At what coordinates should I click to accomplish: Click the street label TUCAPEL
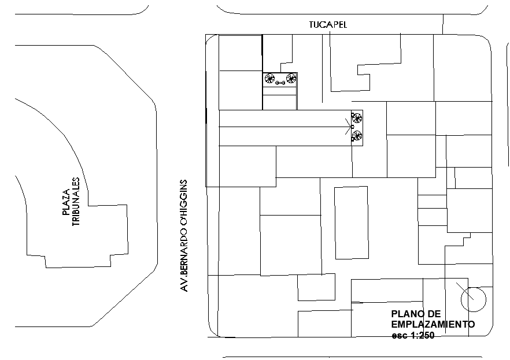coord(328,25)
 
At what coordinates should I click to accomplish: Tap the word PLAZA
coord(66,202)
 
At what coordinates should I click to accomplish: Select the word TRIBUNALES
coord(76,202)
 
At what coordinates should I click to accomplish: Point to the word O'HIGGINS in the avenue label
coord(184,204)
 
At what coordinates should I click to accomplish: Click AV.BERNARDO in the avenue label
coord(184,261)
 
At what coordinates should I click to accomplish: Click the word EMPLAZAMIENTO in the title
coord(433,324)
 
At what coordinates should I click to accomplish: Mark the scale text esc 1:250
coord(413,335)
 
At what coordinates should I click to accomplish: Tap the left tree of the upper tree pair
coord(269,79)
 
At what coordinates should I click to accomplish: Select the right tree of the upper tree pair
coord(291,79)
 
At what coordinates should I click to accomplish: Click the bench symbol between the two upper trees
coord(280,83)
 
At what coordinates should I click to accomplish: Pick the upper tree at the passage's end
coord(357,118)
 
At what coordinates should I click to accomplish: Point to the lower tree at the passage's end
coord(357,135)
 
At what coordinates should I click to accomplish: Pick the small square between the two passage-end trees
coord(352,127)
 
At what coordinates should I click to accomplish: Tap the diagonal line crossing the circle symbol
coord(465,291)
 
